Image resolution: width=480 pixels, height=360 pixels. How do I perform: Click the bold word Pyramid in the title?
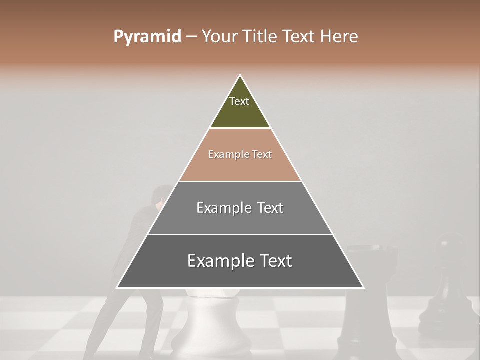click(147, 37)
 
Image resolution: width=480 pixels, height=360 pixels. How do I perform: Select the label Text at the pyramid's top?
click(239, 101)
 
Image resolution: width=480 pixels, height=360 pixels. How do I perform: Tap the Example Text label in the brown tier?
click(240, 154)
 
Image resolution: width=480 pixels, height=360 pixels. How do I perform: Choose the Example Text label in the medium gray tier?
click(240, 208)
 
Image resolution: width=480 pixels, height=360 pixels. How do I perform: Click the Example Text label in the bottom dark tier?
click(240, 261)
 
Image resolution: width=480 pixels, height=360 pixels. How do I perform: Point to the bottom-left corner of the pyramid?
click(117, 288)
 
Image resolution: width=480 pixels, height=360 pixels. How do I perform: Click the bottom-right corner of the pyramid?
click(363, 288)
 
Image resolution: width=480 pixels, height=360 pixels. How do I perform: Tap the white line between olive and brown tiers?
click(240, 128)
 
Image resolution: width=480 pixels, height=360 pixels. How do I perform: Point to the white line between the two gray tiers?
click(240, 234)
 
